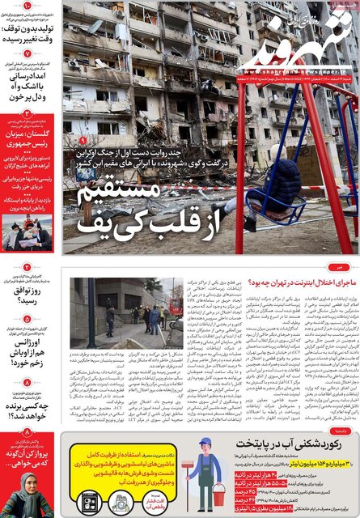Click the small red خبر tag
coord(342,265)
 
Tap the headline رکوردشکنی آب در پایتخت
coord(291,443)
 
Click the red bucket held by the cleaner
coord(218,494)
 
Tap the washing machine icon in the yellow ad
coord(90,503)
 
